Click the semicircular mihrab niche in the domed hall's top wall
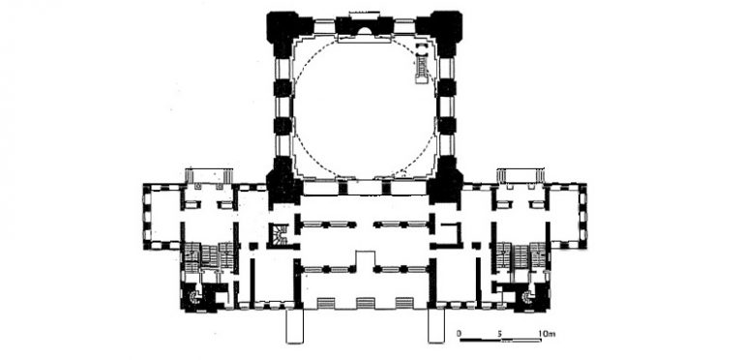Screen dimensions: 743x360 [x=364, y=31]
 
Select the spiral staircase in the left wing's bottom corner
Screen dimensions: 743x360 [x=194, y=297]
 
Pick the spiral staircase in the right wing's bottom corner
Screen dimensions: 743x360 [x=526, y=297]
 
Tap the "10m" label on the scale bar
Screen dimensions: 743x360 [x=546, y=334]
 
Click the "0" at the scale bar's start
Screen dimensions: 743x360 [x=459, y=334]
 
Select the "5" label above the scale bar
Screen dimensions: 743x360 [x=500, y=334]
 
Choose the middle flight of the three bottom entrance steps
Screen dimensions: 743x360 [x=364, y=303]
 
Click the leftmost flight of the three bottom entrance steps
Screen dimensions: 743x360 [x=325, y=303]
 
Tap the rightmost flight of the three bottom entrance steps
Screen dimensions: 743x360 [x=404, y=303]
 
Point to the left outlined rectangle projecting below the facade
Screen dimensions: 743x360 [x=294, y=326]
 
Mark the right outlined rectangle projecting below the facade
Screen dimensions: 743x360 [x=436, y=326]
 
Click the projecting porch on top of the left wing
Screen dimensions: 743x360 [x=209, y=176]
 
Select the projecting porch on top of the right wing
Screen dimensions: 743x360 [x=520, y=176]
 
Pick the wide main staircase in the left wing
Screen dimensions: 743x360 [x=209, y=258]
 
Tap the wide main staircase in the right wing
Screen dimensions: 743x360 [x=520, y=256]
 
